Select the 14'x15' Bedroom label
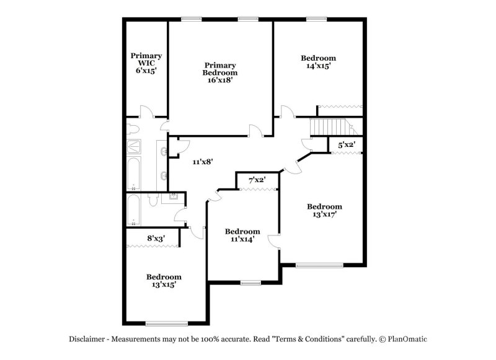click(321, 61)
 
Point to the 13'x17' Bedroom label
click(324, 211)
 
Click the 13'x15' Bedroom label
click(164, 281)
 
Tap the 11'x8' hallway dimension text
click(203, 162)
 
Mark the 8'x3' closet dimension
click(156, 237)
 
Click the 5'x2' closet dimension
click(346, 145)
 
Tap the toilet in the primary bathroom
click(133, 128)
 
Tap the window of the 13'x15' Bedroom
click(166, 323)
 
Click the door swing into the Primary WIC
click(145, 112)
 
